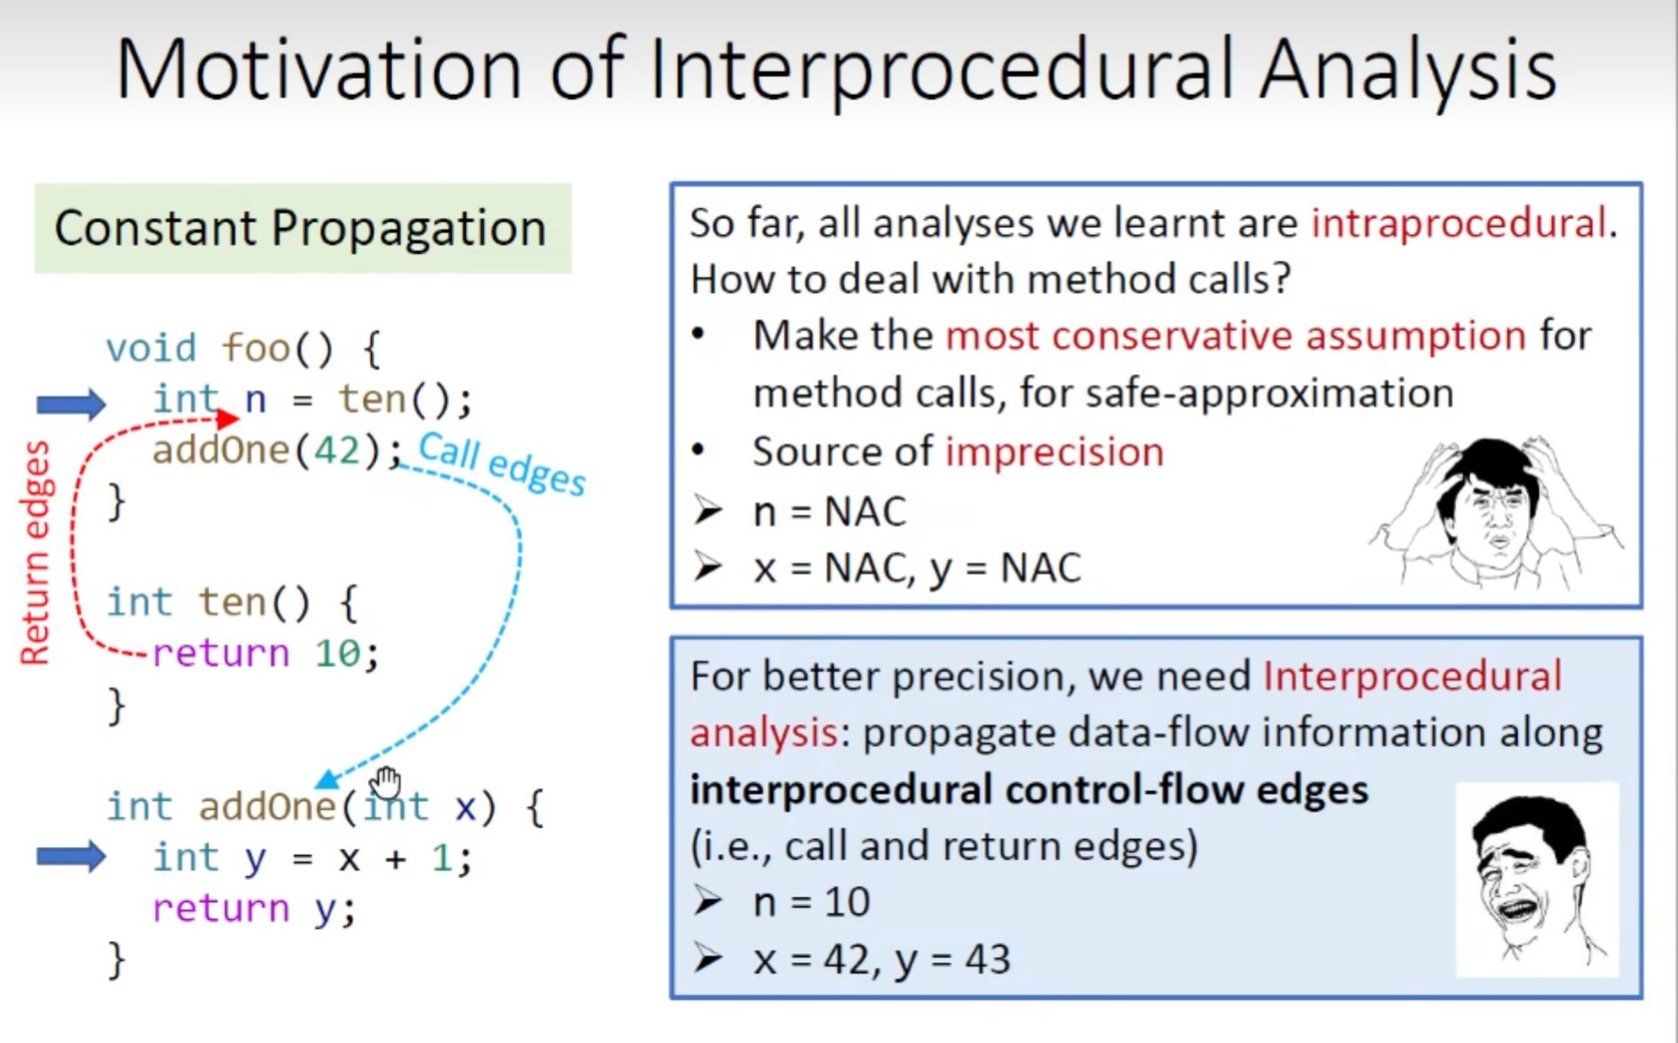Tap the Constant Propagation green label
click(303, 228)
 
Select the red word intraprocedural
click(1459, 223)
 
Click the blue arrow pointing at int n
click(71, 404)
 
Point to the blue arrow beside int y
click(71, 857)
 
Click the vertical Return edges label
click(36, 552)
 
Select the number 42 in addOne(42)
click(336, 450)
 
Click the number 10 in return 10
click(337, 654)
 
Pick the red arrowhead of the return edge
click(228, 418)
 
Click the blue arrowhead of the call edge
click(327, 778)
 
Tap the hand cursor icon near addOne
click(387, 783)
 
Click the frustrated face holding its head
click(1496, 512)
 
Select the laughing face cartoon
click(1537, 880)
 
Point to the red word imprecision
click(1054, 452)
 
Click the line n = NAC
click(829, 511)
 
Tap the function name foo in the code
click(256, 348)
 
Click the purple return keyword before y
click(221, 908)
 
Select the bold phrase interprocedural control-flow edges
click(1029, 789)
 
